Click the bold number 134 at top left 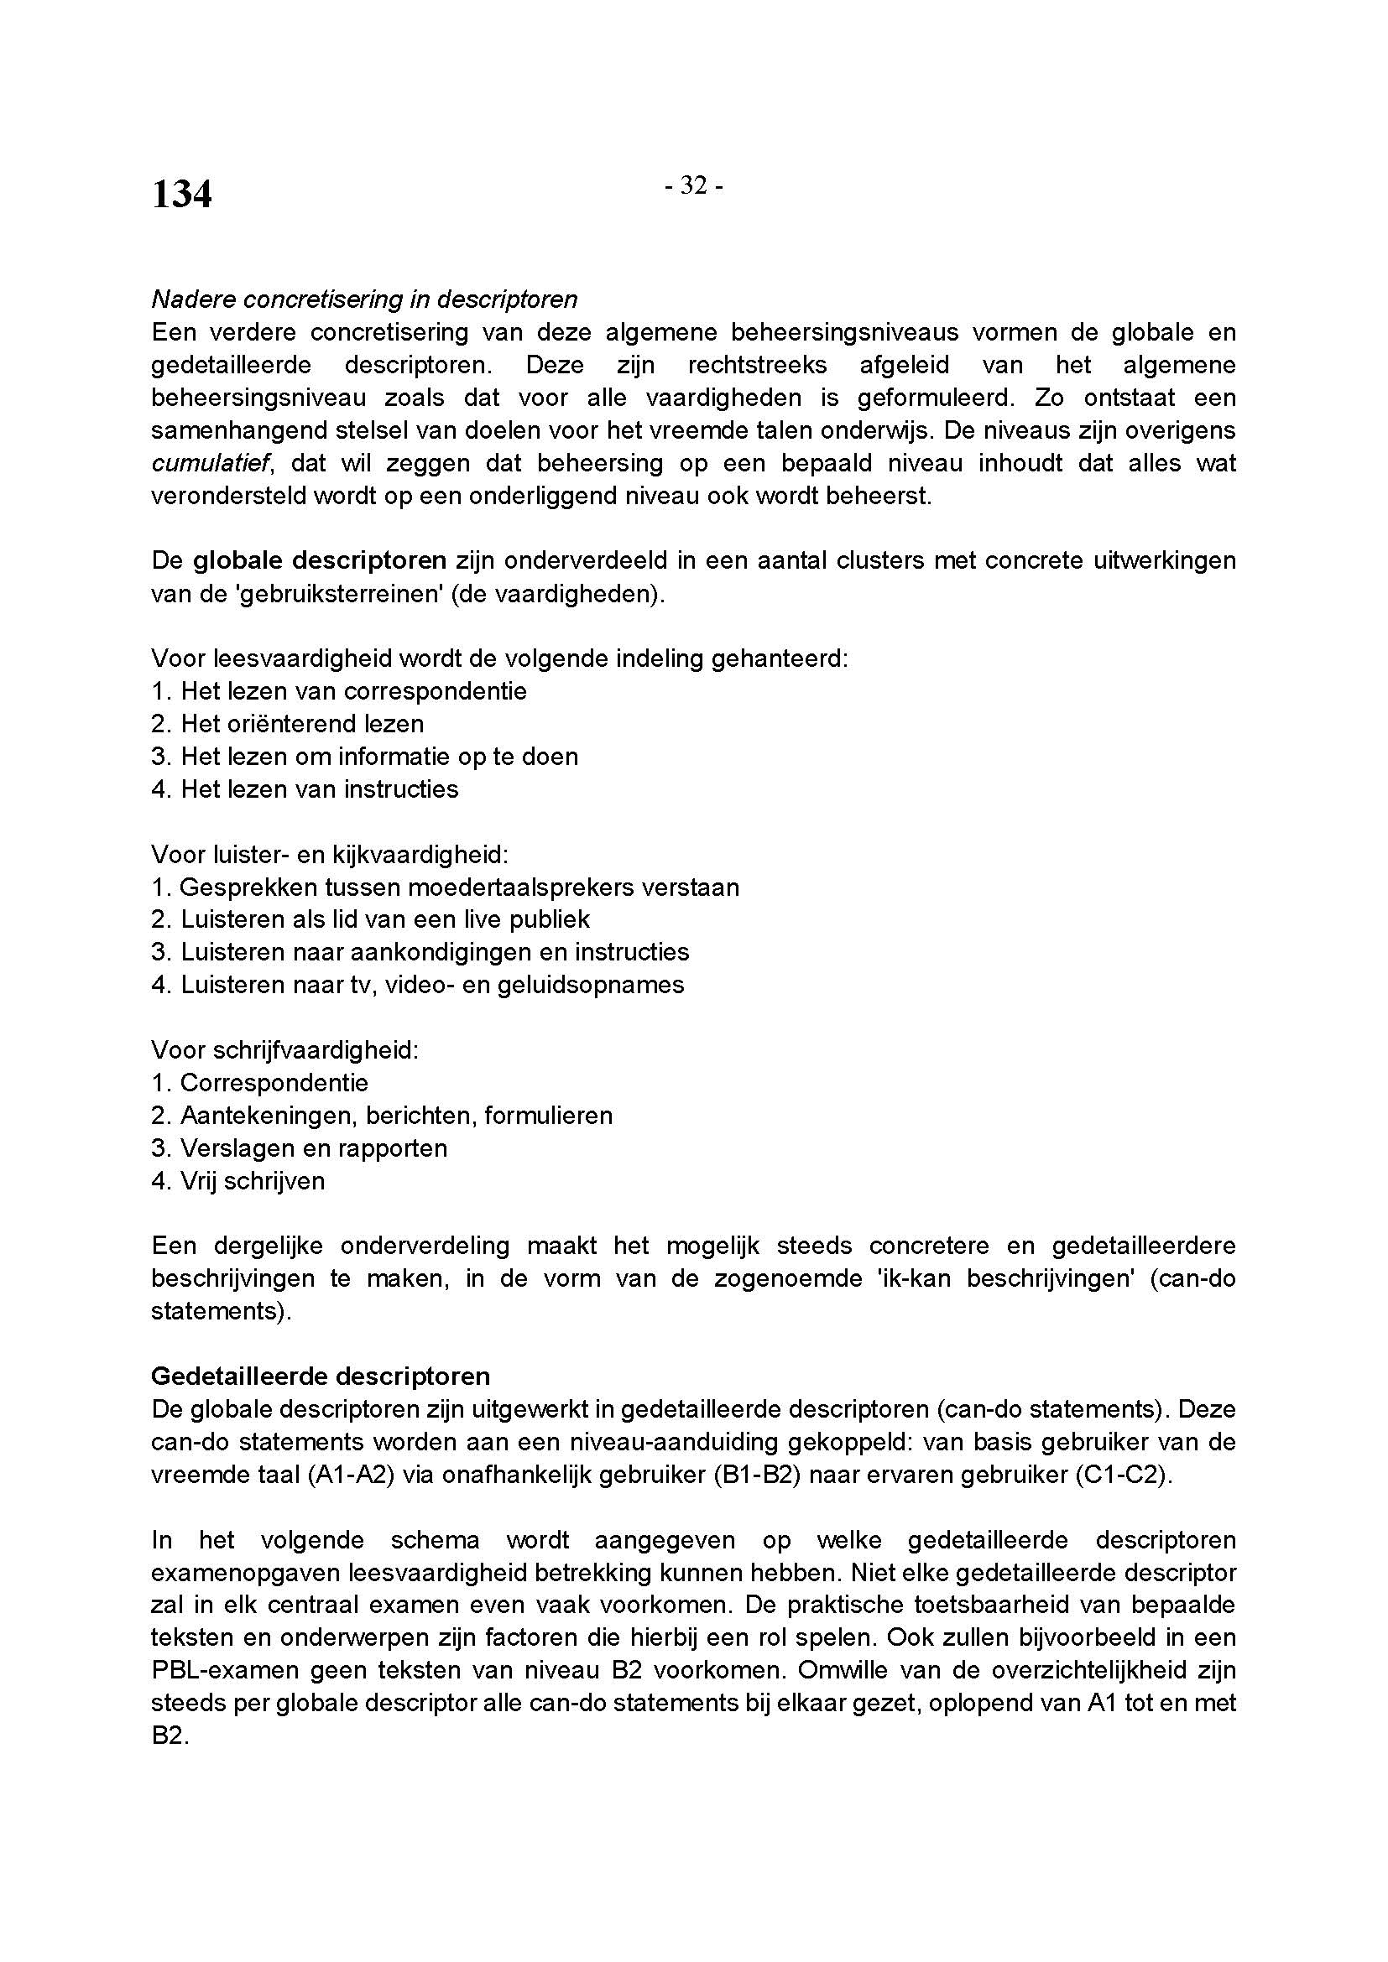pos(181,194)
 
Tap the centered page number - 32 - pos(694,185)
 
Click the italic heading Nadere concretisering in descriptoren pos(364,299)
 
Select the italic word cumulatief pos(211,463)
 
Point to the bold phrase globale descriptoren pos(320,560)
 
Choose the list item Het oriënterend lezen pos(302,724)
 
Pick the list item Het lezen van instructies pos(319,788)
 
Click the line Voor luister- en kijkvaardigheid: pos(330,854)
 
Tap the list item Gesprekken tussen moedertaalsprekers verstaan pos(459,887)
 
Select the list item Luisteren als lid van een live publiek pos(384,919)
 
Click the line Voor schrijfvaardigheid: pos(284,1049)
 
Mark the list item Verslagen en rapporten pos(313,1148)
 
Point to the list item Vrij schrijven pos(252,1181)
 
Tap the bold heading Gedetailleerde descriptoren pos(321,1377)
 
